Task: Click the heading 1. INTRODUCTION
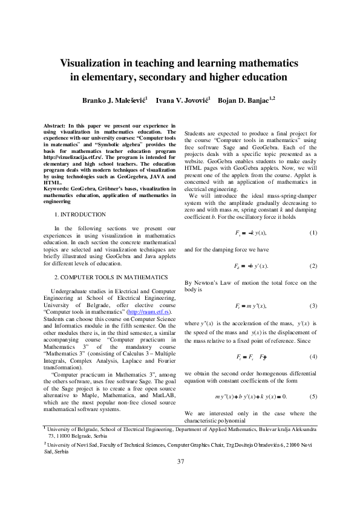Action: coord(80,214)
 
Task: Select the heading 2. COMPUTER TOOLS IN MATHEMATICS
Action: coord(111,277)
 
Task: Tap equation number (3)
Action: coord(312,305)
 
